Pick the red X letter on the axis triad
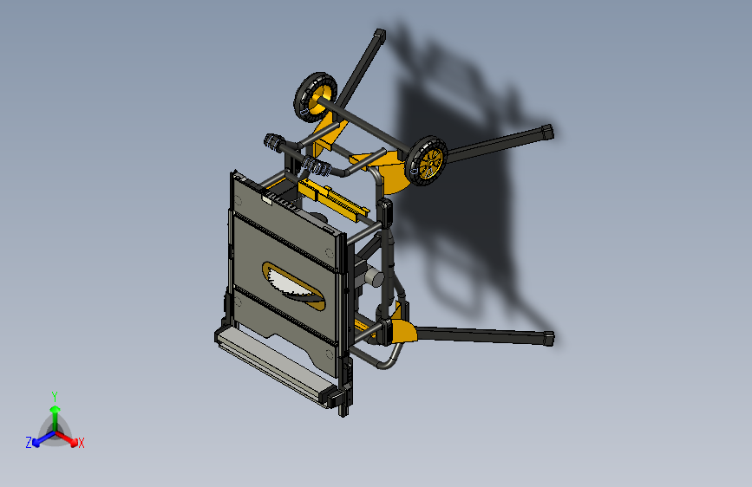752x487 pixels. pos(82,443)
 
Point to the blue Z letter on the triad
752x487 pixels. pos(29,442)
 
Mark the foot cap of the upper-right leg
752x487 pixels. pos(546,132)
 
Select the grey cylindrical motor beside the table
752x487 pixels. pos(374,278)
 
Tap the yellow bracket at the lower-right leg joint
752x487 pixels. pos(403,330)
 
